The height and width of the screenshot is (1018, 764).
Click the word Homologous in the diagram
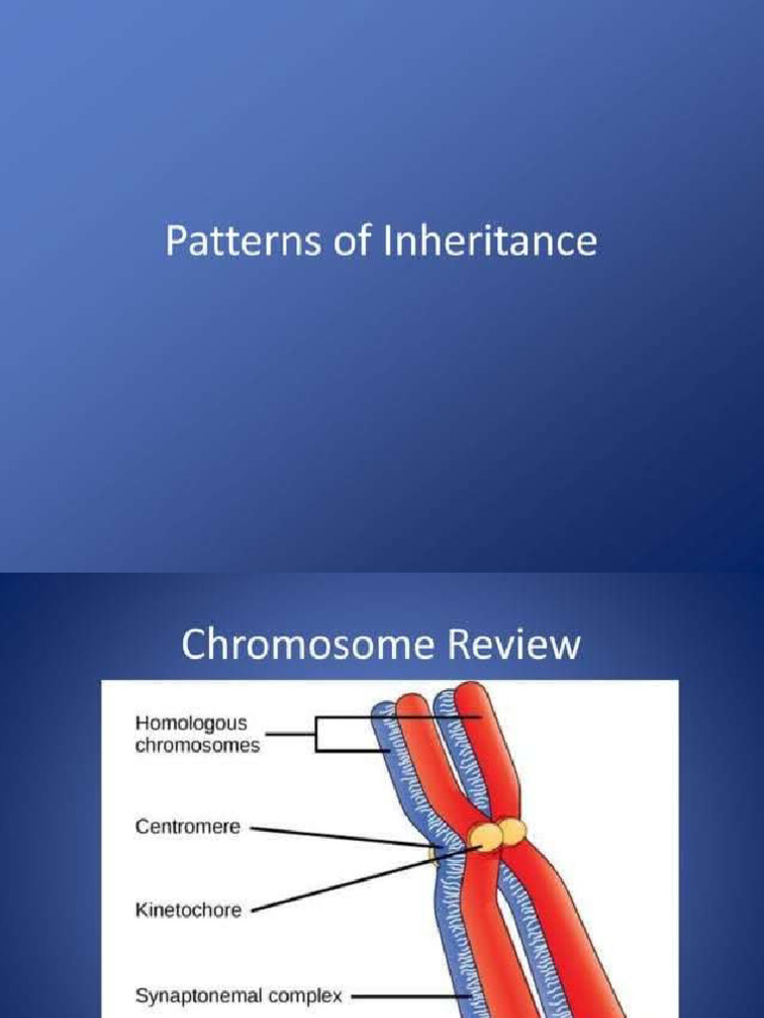click(191, 723)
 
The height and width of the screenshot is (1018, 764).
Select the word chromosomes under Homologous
click(197, 745)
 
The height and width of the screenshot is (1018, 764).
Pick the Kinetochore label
click(188, 909)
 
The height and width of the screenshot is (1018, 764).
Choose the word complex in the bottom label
click(310, 994)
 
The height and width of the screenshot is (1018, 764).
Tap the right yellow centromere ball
click(512, 831)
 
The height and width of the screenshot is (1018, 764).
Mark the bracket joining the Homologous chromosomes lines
click(315, 735)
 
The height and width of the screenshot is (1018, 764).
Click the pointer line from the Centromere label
click(338, 834)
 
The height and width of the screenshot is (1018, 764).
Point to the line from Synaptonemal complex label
click(408, 994)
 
